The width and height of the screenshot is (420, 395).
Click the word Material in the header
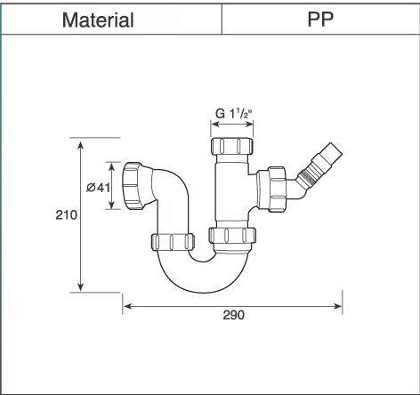[x=98, y=20]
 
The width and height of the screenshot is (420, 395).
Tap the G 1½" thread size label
[x=233, y=114]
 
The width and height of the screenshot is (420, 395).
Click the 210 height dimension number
[x=66, y=214]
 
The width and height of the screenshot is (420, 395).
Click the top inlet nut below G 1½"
[x=233, y=146]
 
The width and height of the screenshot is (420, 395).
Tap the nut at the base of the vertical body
[x=232, y=237]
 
